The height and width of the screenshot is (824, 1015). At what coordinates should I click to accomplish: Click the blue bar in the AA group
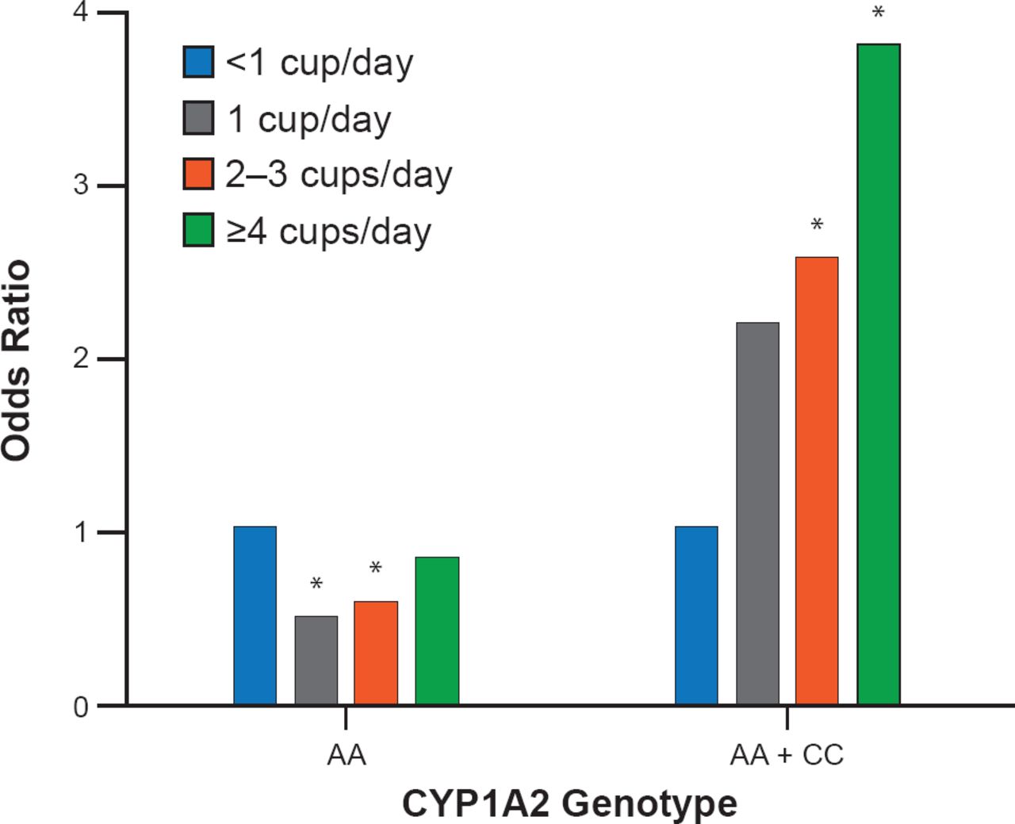click(x=255, y=615)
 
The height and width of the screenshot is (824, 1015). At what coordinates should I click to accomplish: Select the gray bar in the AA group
click(x=316, y=660)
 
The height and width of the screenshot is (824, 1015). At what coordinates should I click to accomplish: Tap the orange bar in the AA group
click(x=376, y=653)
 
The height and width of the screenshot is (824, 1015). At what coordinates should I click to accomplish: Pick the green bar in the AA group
click(x=437, y=630)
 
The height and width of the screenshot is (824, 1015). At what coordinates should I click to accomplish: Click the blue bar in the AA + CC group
click(x=696, y=615)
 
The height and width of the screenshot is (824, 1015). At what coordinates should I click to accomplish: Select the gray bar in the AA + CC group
click(x=757, y=513)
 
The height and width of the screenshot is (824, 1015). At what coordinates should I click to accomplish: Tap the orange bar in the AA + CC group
click(x=817, y=481)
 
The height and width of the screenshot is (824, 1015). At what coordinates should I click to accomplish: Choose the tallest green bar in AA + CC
click(x=879, y=374)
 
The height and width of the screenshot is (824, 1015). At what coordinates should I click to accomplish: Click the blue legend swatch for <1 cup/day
click(x=198, y=62)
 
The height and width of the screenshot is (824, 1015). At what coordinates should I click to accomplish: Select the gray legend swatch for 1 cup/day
click(x=198, y=118)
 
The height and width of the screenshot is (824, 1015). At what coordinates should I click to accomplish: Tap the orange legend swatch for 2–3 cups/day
click(x=198, y=174)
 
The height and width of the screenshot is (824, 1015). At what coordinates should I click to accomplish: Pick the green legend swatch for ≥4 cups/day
click(x=198, y=230)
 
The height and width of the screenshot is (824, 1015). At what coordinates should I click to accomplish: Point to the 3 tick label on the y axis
click(x=81, y=186)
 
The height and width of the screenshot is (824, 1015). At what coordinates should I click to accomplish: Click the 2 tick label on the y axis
click(x=81, y=359)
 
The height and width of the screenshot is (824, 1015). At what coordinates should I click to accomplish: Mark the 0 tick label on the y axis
click(x=81, y=706)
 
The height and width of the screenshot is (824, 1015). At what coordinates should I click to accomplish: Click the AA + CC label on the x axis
click(x=787, y=755)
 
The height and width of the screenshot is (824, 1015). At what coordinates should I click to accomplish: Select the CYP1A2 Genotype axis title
click(x=569, y=803)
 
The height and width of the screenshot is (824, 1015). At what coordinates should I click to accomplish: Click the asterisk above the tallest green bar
click(x=878, y=13)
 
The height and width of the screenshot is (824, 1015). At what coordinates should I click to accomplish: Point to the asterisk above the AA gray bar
click(x=316, y=585)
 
